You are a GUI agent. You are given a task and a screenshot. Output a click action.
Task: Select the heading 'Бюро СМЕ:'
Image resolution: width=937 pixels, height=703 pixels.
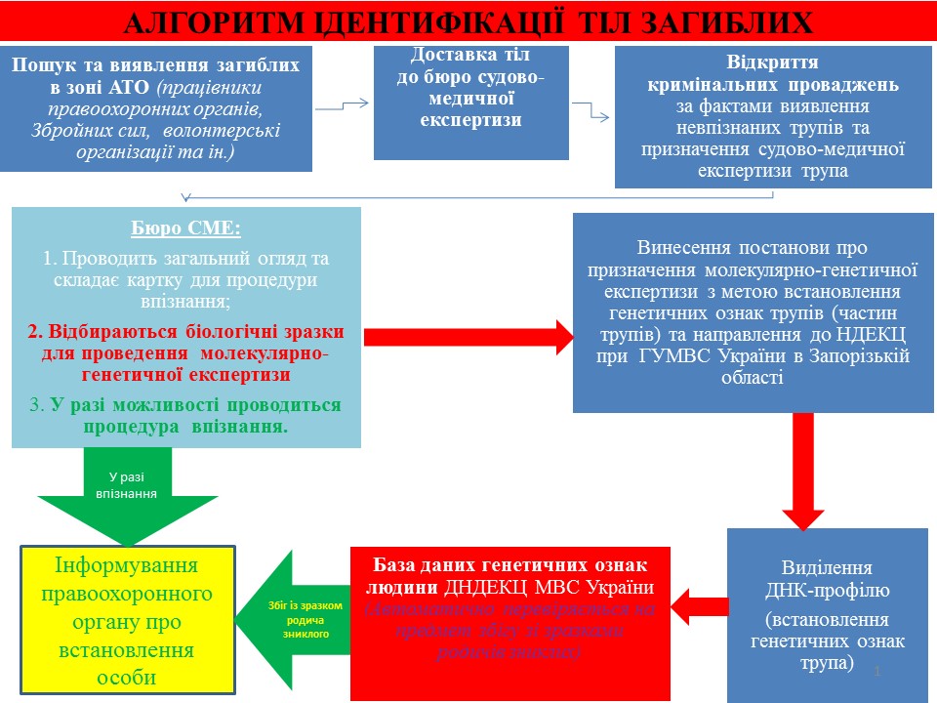pos(185,230)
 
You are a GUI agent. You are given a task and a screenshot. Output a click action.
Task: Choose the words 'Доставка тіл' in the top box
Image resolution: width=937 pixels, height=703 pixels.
pos(470,57)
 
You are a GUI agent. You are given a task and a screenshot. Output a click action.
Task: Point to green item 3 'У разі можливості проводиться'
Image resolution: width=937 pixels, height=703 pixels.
pos(186,405)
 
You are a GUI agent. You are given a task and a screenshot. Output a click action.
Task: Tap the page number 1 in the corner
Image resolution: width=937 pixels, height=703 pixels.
pos(877,672)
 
